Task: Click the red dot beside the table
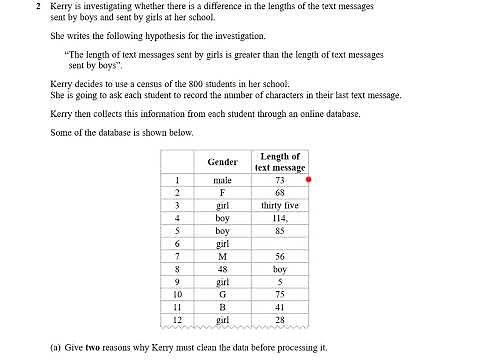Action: pos(310,180)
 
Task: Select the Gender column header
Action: pos(222,162)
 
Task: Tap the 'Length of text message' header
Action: pos(279,162)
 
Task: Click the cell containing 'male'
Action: pos(222,180)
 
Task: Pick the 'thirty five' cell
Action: pos(279,205)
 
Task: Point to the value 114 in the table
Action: pos(279,217)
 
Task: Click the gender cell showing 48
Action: pos(222,269)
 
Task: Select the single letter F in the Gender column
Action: pos(222,192)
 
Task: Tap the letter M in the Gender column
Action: pos(222,256)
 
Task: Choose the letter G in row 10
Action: pos(222,294)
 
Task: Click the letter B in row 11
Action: pos(222,307)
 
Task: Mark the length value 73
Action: pos(279,180)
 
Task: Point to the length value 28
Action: pos(279,320)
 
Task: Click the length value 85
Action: pos(279,230)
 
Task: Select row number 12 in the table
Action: pos(177,320)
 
